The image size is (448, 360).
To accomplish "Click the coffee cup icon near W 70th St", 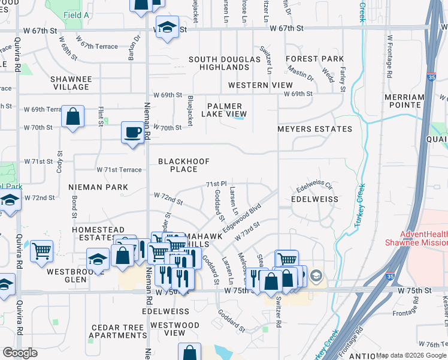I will (132, 131).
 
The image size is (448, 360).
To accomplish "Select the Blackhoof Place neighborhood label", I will (178, 165).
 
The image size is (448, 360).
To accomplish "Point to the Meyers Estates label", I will (314, 129).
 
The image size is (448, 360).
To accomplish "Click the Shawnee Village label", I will (71, 83).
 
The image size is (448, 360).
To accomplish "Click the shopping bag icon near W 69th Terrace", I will (72, 117).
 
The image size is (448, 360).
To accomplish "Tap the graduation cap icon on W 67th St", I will (168, 27).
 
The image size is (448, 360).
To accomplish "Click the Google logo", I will (20, 353).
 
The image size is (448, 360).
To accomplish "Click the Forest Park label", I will (314, 59).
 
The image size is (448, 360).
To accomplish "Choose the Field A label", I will (76, 14).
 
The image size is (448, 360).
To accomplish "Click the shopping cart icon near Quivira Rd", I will (41, 250).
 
